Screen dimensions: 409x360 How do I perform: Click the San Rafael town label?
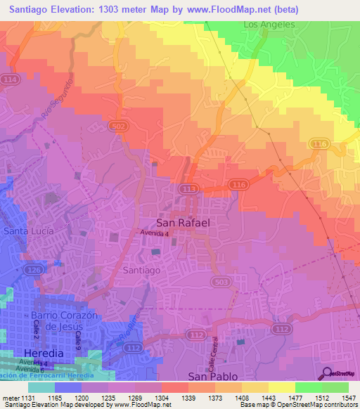click(183, 222)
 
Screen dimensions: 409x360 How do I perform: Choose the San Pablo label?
click(213, 377)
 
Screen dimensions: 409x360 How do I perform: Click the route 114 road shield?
click(11, 81)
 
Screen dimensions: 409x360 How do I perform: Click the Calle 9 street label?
click(79, 341)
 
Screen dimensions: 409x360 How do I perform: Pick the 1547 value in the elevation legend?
click(348, 397)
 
